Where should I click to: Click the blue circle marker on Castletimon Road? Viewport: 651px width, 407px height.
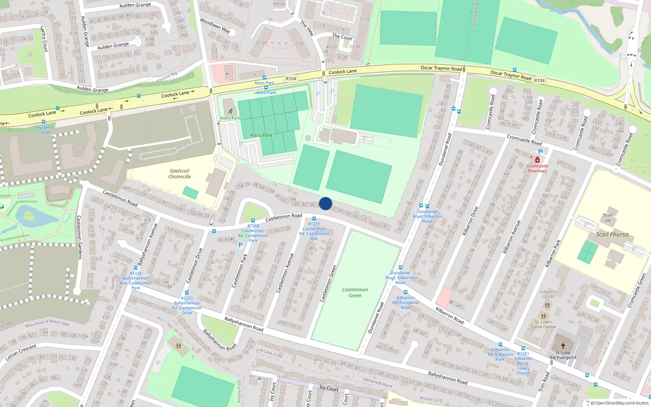pyautogui.click(x=325, y=203)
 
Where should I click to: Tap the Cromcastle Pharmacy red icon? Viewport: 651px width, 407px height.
pyautogui.click(x=537, y=160)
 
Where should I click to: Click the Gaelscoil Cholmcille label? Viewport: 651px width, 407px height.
pyautogui.click(x=179, y=174)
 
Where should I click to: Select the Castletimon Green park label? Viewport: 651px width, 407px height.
pyautogui.click(x=355, y=293)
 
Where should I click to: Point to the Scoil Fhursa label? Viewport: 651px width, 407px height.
pyautogui.click(x=612, y=234)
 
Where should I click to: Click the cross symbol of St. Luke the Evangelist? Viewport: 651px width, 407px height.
pyautogui.click(x=563, y=346)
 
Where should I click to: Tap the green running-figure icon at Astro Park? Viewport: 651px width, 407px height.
pyautogui.click(x=231, y=111)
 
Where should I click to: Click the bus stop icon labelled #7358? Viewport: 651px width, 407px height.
pyautogui.click(x=253, y=221)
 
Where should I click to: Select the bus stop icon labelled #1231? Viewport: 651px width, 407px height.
pyautogui.click(x=314, y=219)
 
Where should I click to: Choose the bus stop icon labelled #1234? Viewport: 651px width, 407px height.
pyautogui.click(x=136, y=268)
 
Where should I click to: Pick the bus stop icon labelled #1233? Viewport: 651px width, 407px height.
pyautogui.click(x=187, y=293)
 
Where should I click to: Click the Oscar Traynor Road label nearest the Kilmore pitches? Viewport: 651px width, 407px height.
pyautogui.click(x=441, y=68)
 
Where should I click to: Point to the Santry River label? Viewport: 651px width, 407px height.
pyautogui.click(x=573, y=14)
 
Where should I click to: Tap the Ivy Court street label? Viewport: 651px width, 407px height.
pyautogui.click(x=329, y=388)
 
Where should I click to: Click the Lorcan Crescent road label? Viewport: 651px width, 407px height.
pyautogui.click(x=21, y=353)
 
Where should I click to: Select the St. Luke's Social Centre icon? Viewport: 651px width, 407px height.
pyautogui.click(x=544, y=316)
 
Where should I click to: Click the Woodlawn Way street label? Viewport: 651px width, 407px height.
pyautogui.click(x=215, y=26)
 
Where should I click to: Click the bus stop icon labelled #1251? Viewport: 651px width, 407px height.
pyautogui.click(x=523, y=348)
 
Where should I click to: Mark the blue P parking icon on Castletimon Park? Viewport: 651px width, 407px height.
pyautogui.click(x=240, y=245)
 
